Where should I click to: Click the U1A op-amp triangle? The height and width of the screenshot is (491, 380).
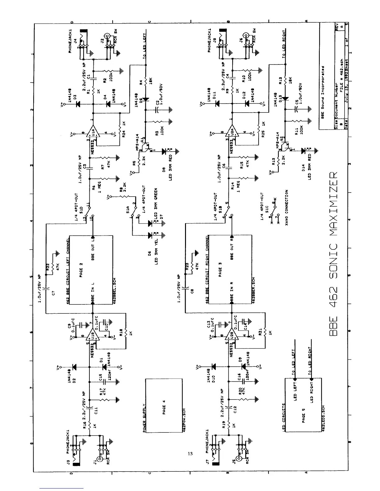click(93, 133)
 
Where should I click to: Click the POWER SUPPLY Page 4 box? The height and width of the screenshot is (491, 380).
click(164, 405)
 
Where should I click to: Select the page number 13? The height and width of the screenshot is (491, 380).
click(190, 453)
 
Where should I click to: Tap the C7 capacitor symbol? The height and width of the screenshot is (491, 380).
click(46, 289)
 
